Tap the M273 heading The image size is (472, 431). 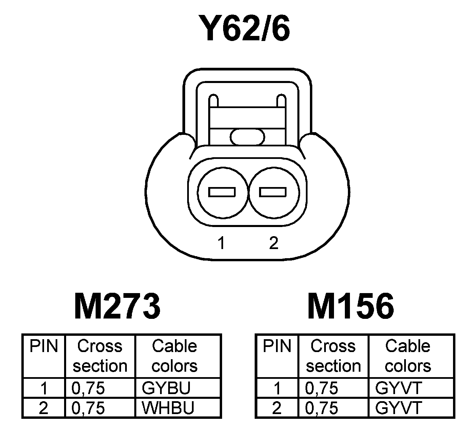(x=117, y=307)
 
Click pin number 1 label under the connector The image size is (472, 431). (x=221, y=243)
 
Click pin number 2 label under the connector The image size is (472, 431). (x=273, y=243)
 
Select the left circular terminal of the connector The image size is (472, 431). (x=222, y=192)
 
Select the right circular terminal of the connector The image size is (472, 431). (x=273, y=192)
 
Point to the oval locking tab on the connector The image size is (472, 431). (x=247, y=137)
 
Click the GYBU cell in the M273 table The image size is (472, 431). (x=166, y=388)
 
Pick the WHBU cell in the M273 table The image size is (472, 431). (x=168, y=408)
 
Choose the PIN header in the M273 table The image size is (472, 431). (x=44, y=347)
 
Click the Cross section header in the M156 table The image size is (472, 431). (x=333, y=356)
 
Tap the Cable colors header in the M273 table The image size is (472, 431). (x=175, y=356)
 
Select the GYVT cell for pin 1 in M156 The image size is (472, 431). (x=398, y=388)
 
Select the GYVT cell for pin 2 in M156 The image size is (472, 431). (x=398, y=408)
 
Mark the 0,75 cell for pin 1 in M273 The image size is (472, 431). (x=88, y=388)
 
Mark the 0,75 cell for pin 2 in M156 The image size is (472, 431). (x=321, y=408)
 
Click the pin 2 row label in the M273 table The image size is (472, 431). (x=44, y=408)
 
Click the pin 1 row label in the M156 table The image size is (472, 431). (x=277, y=388)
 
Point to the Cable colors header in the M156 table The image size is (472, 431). (x=408, y=356)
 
